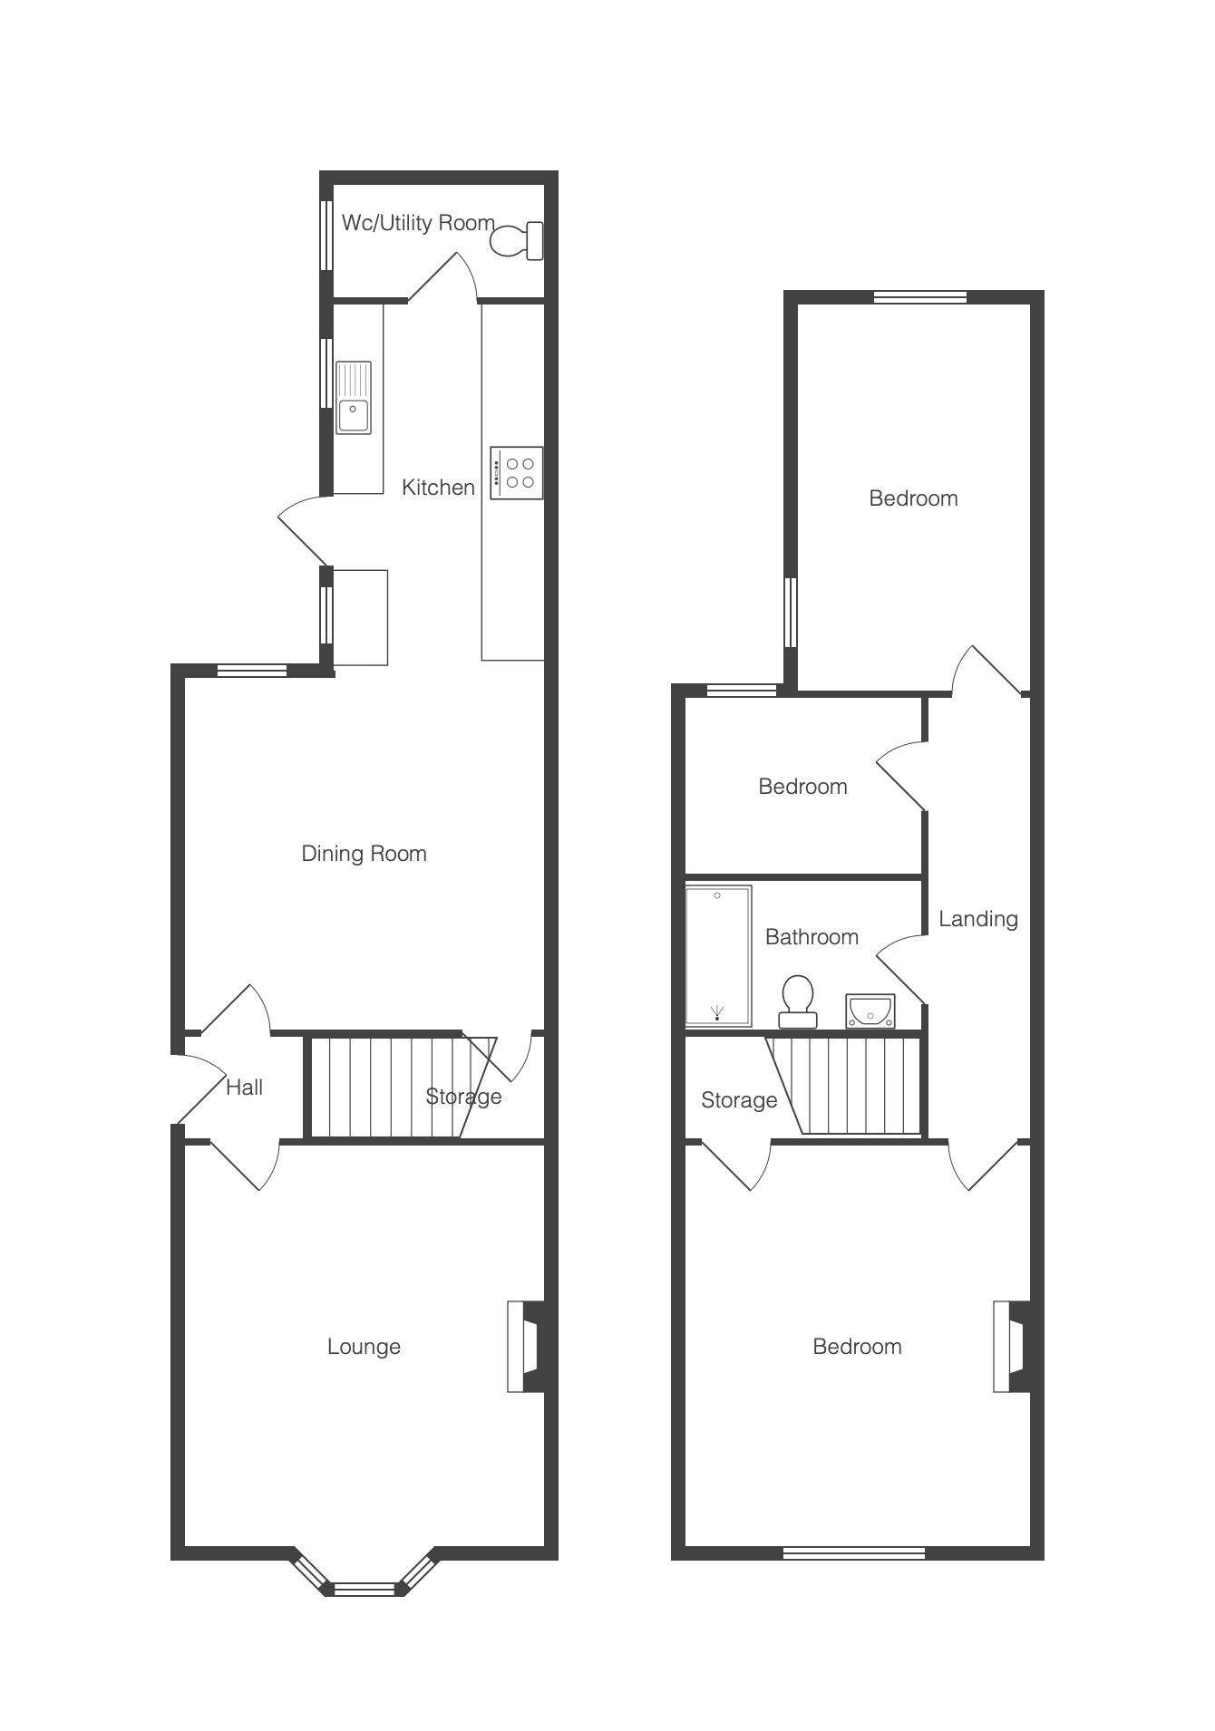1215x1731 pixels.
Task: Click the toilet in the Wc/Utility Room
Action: coord(517,241)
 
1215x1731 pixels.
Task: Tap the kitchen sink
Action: coord(354,397)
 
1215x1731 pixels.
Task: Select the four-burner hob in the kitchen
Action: coord(517,472)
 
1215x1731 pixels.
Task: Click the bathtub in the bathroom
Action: coord(718,956)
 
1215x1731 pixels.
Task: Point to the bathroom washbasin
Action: coord(870,1011)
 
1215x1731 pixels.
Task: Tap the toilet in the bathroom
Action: coord(798,1001)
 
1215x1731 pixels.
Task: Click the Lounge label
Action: coord(364,1347)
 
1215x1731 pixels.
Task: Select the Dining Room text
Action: coord(364,854)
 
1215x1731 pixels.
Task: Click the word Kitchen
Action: coord(438,488)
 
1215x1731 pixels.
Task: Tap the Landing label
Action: coord(978,920)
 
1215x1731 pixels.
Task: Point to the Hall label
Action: coord(245,1088)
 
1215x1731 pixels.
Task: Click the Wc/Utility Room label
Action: coord(418,223)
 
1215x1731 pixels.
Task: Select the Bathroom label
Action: coord(812,937)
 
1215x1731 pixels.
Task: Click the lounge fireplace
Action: coord(526,1347)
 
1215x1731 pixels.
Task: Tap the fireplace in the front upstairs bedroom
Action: coord(1012,1347)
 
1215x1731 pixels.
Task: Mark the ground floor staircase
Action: coord(399,1087)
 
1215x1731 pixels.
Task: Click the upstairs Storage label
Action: coord(739,1100)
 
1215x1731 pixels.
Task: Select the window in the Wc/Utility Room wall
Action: coord(326,235)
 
